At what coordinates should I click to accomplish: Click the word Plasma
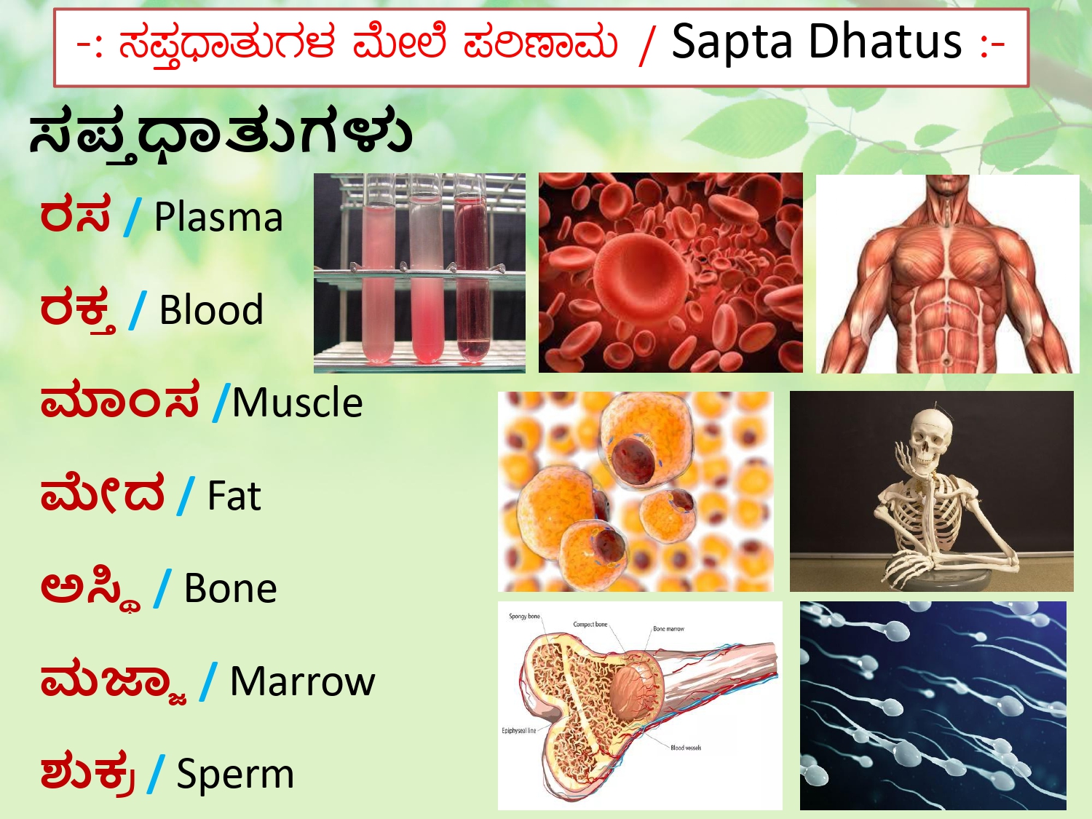point(218,218)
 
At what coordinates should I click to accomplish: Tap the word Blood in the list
point(211,310)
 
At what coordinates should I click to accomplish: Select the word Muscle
point(297,403)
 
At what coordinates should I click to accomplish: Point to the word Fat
point(234,496)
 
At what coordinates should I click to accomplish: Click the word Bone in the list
point(230,588)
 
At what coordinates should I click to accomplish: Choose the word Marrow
point(302,681)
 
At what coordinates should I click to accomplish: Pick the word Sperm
point(235,774)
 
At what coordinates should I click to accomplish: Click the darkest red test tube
point(472,284)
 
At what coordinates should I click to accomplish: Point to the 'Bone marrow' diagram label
point(668,629)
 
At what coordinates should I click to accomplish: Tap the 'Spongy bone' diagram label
point(524,617)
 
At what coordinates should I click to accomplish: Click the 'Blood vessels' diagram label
point(686,748)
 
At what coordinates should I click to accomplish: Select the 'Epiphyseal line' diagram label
point(518,731)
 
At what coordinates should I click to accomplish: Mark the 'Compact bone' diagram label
point(590,625)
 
